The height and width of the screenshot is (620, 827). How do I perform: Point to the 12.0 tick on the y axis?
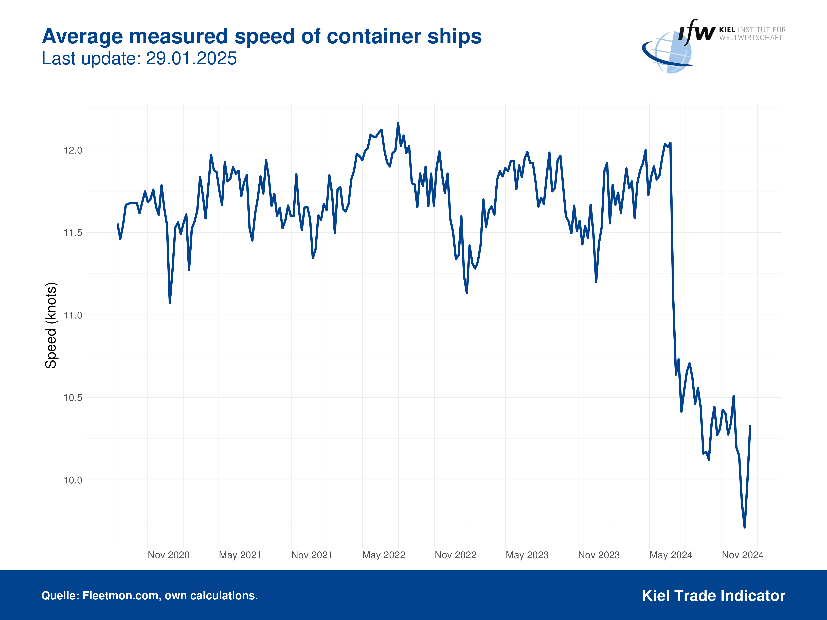[73, 150]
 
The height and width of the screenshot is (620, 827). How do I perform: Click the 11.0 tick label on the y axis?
[73, 315]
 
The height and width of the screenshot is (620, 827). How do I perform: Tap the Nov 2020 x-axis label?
[169, 555]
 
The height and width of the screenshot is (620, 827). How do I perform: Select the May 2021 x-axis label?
[240, 555]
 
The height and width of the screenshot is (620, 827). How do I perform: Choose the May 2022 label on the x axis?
[384, 555]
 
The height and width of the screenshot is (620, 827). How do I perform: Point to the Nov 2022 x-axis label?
[455, 555]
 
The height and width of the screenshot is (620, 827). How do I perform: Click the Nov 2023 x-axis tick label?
[599, 555]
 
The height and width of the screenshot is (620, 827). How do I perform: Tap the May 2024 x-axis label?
[671, 555]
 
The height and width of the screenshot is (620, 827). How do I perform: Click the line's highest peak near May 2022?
[398, 123]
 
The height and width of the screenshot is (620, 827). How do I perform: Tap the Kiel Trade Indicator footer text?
[713, 595]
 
